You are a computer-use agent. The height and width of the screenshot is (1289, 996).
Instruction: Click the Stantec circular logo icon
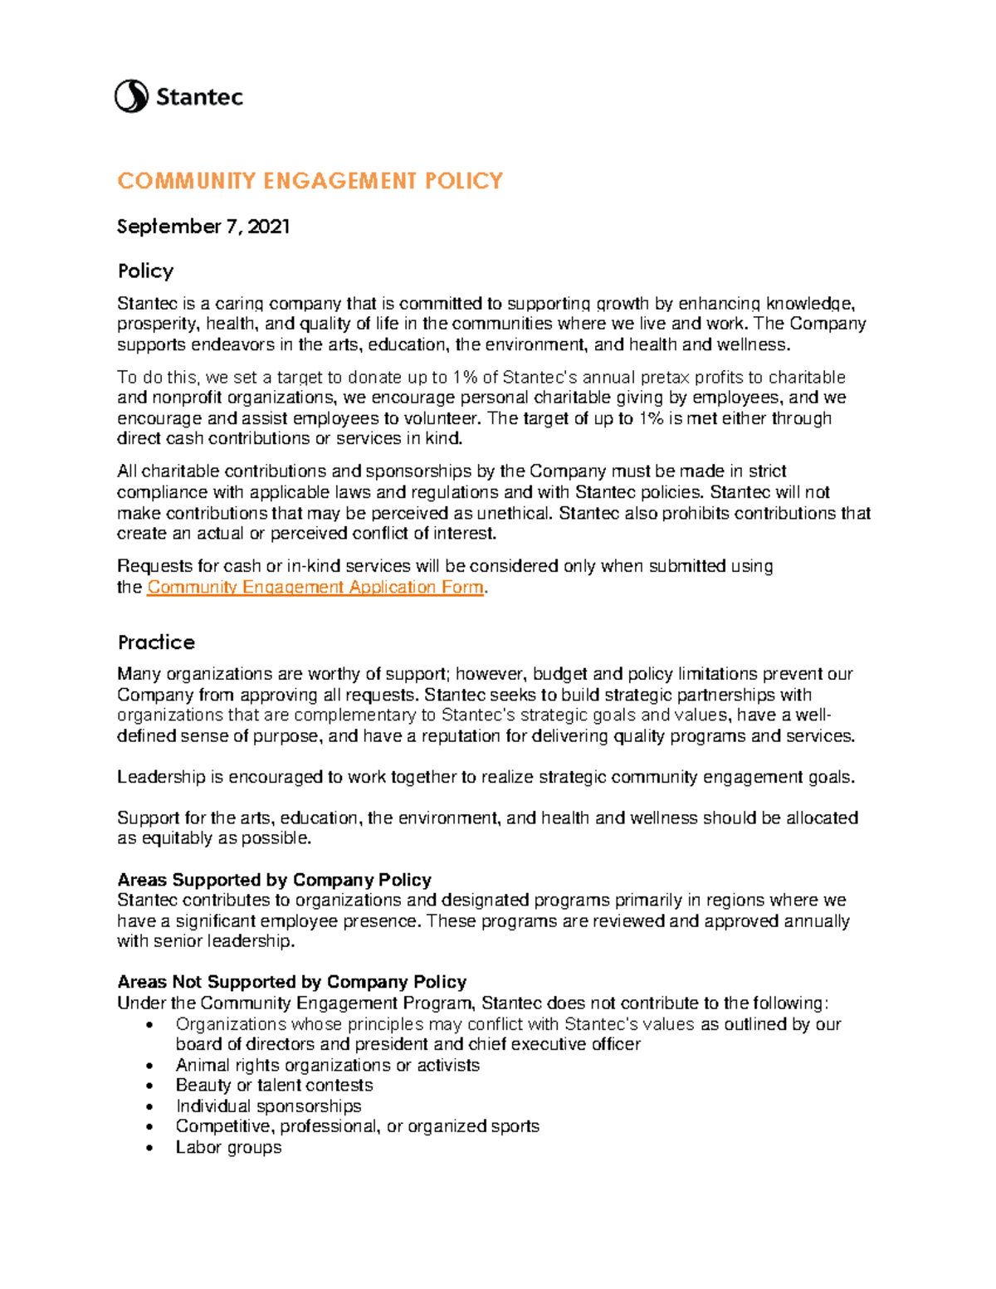131,97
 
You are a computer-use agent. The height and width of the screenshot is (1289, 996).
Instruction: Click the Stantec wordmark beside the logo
199,98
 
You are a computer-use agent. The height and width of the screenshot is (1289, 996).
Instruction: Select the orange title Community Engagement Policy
310,181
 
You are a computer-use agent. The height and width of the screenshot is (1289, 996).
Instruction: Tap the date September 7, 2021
203,227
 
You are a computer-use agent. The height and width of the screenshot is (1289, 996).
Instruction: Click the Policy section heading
145,271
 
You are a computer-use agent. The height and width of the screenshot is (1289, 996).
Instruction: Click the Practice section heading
156,642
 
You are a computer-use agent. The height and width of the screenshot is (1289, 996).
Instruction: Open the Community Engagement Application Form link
315,588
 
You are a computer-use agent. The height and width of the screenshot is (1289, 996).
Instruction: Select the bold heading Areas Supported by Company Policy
274,880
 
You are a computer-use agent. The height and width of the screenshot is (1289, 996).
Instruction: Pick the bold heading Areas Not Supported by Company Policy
291,982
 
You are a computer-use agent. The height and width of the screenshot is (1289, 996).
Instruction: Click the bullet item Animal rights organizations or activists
327,1065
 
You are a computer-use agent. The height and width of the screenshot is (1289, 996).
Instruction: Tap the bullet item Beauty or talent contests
274,1086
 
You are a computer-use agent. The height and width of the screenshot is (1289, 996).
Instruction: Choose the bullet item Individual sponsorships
268,1106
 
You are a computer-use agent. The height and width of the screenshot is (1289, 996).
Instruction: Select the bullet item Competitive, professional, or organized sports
357,1126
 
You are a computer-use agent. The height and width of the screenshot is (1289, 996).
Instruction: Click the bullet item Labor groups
228,1147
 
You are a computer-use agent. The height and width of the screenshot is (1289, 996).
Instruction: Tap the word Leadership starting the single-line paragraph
161,777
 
